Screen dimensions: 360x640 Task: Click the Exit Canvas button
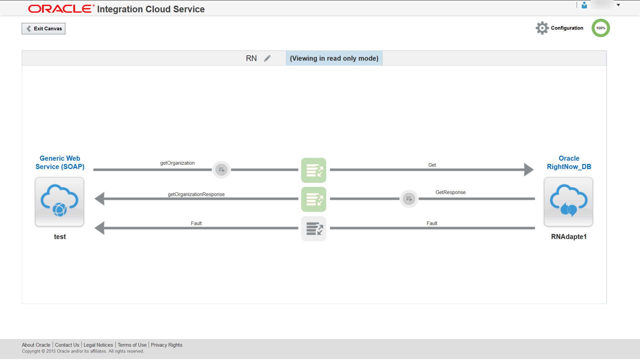[x=44, y=29]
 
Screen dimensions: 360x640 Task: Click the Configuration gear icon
[x=542, y=28]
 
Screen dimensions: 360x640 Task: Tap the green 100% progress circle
[x=600, y=28]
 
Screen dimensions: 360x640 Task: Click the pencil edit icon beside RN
[x=267, y=58]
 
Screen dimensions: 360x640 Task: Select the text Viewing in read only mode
[x=334, y=58]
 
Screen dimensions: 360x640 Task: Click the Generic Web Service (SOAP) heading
[x=60, y=162]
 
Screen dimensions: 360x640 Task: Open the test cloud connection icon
[x=60, y=201]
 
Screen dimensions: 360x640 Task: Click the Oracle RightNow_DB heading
[x=569, y=162]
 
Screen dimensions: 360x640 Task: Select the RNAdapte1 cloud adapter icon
[x=568, y=201]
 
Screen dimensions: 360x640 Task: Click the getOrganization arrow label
[x=177, y=163]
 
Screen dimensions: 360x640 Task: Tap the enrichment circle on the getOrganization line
[x=221, y=170]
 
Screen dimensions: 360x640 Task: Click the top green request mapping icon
[x=313, y=170]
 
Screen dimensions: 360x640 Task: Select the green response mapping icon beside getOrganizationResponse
[x=313, y=199]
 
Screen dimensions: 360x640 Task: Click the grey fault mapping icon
[x=313, y=229]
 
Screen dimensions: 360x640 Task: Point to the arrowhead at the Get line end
[x=528, y=170]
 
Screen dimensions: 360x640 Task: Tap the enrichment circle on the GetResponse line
[x=409, y=199]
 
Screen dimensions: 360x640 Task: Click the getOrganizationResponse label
[x=196, y=194]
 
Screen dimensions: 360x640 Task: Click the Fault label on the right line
[x=432, y=223]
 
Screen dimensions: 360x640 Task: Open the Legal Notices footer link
[x=98, y=345]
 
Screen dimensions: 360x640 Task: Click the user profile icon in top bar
[x=584, y=5]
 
